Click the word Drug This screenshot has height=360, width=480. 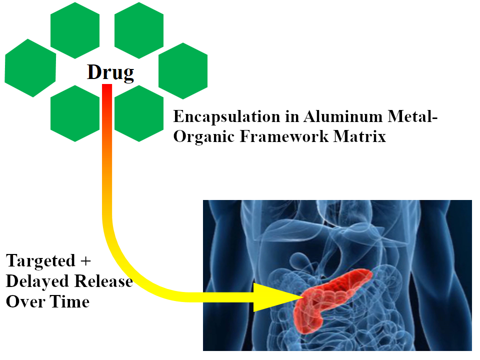[110, 73]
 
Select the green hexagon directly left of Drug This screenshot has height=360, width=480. [30, 68]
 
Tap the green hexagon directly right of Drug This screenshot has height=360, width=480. [183, 70]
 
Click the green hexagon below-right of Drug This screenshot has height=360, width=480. [139, 113]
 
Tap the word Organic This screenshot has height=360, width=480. [203, 136]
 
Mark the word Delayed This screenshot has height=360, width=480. [37, 281]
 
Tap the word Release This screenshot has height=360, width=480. [103, 281]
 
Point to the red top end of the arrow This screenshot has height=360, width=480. [106, 89]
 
